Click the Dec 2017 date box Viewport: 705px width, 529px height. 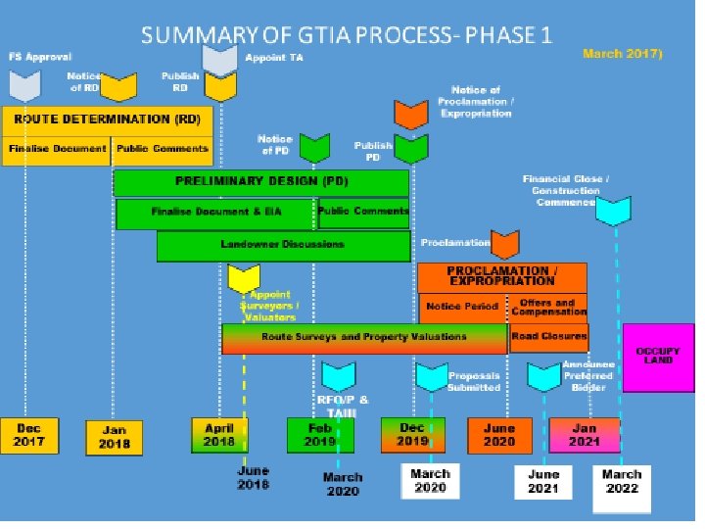[x=29, y=435]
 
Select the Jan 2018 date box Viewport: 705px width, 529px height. [x=116, y=436]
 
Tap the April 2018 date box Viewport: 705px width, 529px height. [x=219, y=435]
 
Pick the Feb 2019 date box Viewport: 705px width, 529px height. [x=319, y=435]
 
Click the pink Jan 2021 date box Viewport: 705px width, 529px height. [x=585, y=434]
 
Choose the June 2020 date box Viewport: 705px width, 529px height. [x=499, y=435]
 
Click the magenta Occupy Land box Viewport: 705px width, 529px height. [x=658, y=357]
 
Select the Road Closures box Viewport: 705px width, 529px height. [x=549, y=337]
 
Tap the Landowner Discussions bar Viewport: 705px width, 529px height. [x=282, y=246]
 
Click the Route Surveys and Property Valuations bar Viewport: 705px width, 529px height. [x=364, y=338]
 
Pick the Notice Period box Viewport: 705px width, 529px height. [x=462, y=307]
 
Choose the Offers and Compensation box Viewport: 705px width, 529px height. [x=549, y=307]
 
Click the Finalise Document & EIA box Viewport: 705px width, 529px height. [x=214, y=213]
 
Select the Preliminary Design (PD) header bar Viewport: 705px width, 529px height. [x=261, y=182]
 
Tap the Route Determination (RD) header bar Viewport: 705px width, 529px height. [x=106, y=120]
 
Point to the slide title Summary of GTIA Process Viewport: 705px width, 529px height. [x=347, y=36]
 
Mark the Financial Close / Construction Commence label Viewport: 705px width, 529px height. [x=566, y=190]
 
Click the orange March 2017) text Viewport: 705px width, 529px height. [x=623, y=53]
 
